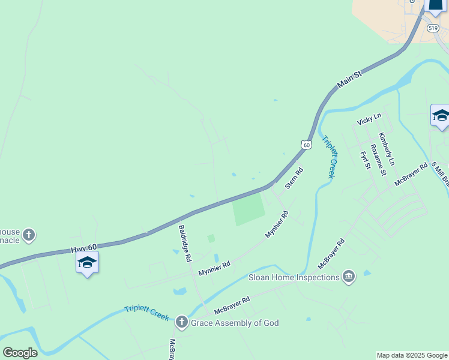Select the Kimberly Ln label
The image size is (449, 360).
(x=387, y=149)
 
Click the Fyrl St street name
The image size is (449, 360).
(x=364, y=160)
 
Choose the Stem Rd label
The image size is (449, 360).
(x=294, y=179)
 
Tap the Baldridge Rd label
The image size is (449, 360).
(x=185, y=243)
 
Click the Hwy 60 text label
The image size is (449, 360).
(x=84, y=248)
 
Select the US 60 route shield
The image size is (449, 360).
(x=306, y=145)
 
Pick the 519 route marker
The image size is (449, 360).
(x=433, y=28)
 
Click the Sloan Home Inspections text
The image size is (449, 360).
(x=294, y=277)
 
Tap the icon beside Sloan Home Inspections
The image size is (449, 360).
(x=348, y=276)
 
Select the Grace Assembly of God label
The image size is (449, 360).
(x=235, y=323)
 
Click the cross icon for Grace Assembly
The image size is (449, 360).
(x=182, y=323)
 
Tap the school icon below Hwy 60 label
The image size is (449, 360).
(x=88, y=262)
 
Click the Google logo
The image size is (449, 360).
(x=20, y=353)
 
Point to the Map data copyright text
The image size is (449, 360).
(x=412, y=355)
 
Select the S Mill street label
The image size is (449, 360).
(x=441, y=174)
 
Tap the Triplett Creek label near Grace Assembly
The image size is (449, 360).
(x=147, y=313)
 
